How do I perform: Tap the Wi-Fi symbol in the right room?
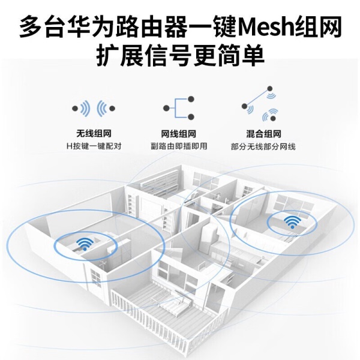click(292, 221)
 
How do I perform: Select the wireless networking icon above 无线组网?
click(94, 109)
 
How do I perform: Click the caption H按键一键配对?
click(94, 146)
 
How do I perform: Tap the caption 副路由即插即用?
click(179, 146)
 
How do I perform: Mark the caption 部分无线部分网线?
click(263, 146)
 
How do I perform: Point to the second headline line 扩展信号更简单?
click(180, 56)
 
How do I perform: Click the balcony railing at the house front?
click(156, 324)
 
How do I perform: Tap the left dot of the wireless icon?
click(75, 109)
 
